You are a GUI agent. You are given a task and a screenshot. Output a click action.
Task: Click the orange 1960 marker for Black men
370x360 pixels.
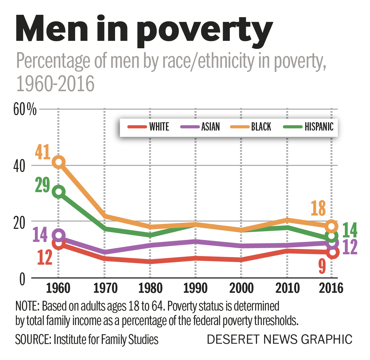pyautogui.click(x=59, y=162)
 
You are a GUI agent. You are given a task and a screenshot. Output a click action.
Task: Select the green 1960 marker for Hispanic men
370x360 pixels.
pyautogui.click(x=59, y=192)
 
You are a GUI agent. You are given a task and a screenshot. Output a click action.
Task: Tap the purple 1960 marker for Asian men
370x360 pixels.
pyautogui.click(x=59, y=235)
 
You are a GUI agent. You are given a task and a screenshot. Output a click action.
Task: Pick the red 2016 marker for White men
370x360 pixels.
pyautogui.click(x=332, y=252)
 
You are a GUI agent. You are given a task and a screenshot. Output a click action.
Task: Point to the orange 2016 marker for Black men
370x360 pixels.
pyautogui.click(x=332, y=226)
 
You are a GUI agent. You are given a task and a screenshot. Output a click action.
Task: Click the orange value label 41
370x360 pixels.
pyautogui.click(x=43, y=152)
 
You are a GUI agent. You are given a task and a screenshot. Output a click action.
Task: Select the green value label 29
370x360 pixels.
pyautogui.click(x=43, y=185)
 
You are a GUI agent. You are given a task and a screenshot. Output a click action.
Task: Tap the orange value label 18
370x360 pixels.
pyautogui.click(x=318, y=208)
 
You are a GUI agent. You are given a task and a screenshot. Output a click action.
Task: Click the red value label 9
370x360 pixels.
pyautogui.click(x=322, y=266)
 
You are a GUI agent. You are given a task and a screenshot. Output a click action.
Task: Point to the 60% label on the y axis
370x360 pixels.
pyautogui.click(x=25, y=110)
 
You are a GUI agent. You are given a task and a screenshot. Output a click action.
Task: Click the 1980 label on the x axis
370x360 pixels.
pyautogui.click(x=150, y=288)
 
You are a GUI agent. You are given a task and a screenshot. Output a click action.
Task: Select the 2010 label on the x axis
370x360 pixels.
pyautogui.click(x=287, y=288)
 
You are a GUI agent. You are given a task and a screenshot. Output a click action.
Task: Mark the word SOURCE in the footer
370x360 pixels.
pyautogui.click(x=33, y=340)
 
